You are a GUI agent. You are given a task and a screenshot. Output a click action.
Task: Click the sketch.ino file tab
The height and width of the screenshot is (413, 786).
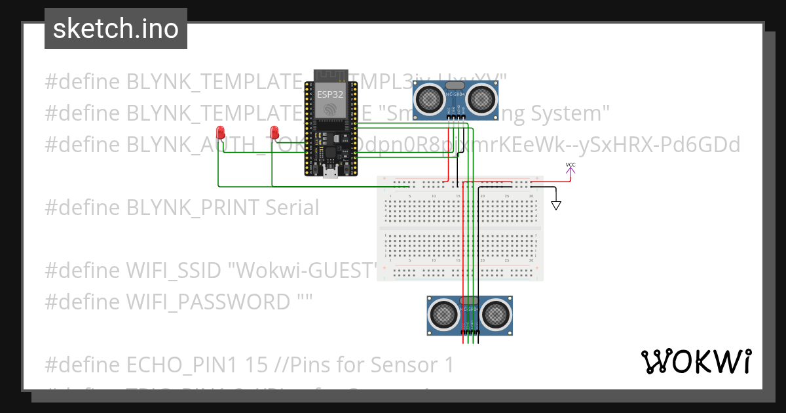point(116,29)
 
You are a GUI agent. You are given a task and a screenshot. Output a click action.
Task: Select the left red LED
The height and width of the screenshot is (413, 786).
point(221,132)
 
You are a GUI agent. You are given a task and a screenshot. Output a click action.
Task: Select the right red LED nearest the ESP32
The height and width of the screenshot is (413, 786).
point(274,132)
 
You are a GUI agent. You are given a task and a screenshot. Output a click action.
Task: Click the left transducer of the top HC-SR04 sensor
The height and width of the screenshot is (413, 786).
point(430,99)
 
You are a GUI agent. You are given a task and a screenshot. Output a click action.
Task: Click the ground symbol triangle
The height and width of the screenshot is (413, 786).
point(556,205)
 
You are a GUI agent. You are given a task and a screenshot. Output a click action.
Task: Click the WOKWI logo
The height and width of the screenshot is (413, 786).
point(696,361)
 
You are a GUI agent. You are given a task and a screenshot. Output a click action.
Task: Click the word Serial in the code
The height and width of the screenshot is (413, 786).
point(292,208)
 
